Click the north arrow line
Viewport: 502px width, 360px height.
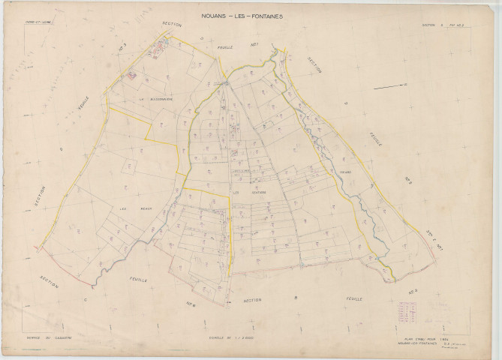tap(389, 87)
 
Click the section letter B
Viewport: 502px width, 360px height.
tap(295, 298)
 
